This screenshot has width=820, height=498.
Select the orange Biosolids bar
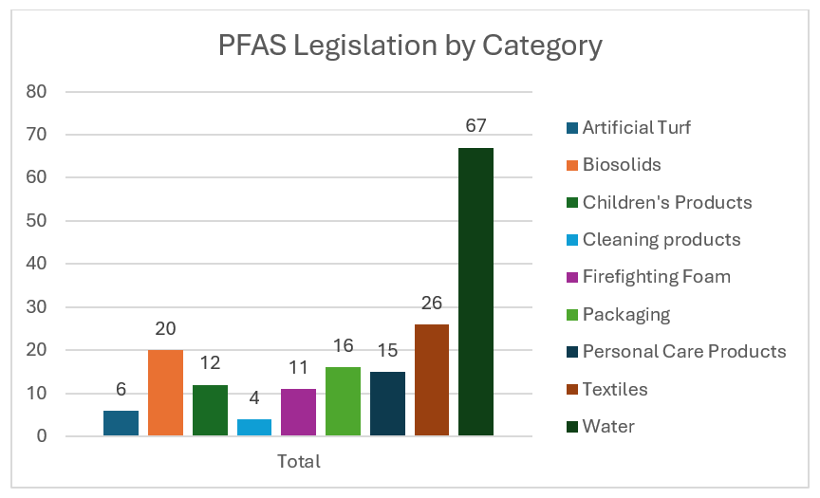[165, 393]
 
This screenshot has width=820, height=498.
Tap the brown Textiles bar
[431, 379]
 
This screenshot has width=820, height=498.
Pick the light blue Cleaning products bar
[254, 427]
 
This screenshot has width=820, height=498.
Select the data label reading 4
[254, 400]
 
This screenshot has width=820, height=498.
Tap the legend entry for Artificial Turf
[636, 127]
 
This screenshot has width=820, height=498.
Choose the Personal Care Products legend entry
[683, 352]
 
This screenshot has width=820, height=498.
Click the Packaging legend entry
[625, 314]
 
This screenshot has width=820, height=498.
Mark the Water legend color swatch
[571, 427]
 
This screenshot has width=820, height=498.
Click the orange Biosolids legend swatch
[571, 165]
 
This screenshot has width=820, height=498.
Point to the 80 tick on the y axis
[37, 92]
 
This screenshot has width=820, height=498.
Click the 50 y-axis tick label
[37, 221]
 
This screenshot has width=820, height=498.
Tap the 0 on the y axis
[42, 436]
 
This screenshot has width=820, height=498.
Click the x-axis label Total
[298, 462]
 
